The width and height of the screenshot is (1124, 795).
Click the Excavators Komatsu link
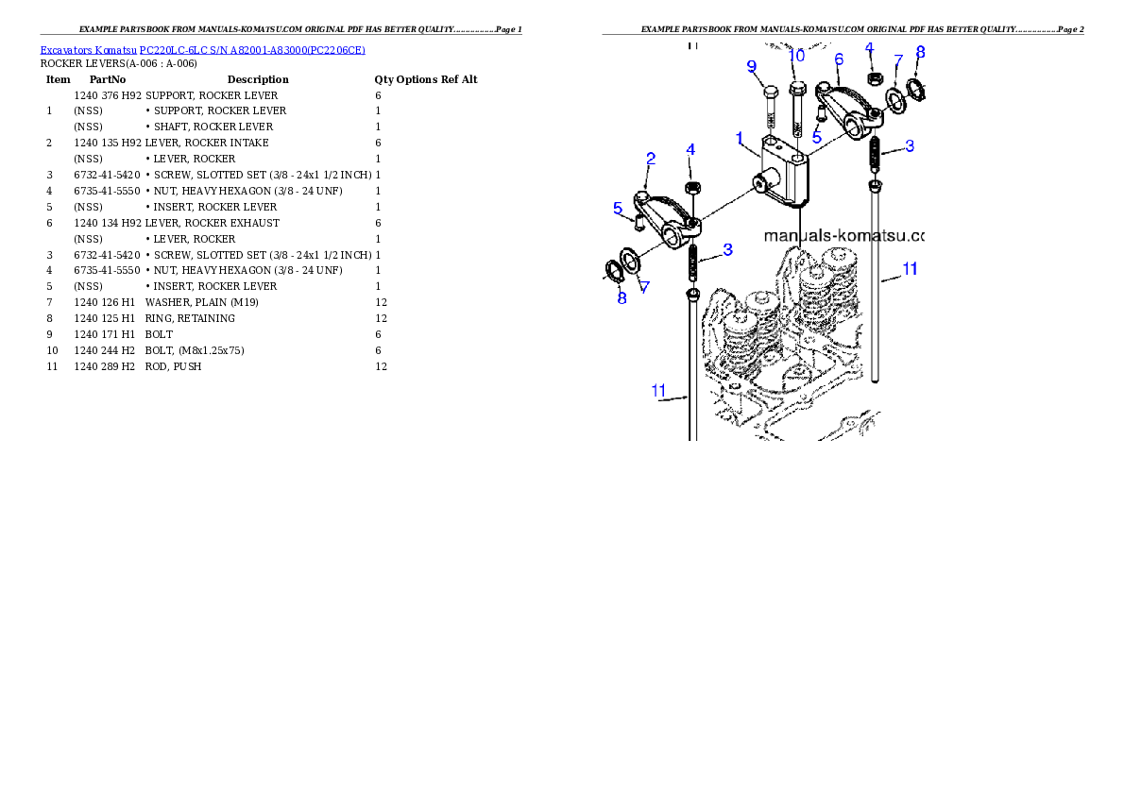click(88, 50)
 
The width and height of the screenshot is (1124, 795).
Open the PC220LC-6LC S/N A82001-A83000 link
click(252, 50)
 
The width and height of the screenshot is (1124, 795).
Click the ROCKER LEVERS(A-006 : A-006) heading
click(118, 64)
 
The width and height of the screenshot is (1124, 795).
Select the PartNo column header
click(108, 79)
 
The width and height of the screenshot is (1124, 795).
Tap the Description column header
click(258, 79)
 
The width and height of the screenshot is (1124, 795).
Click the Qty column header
click(383, 79)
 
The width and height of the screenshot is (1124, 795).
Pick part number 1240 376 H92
click(108, 95)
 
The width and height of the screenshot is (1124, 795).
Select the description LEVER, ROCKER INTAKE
click(207, 143)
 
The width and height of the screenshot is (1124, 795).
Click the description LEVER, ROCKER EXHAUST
click(213, 223)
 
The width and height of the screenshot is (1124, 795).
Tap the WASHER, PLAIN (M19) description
click(201, 302)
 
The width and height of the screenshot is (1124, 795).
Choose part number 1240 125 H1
click(104, 318)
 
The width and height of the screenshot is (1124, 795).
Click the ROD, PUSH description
click(173, 366)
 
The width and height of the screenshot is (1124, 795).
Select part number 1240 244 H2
click(104, 350)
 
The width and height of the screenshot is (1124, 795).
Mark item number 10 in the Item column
click(52, 350)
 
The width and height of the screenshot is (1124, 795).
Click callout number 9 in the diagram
click(751, 67)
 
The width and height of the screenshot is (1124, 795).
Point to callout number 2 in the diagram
click(650, 159)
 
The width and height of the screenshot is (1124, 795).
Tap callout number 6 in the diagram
click(839, 59)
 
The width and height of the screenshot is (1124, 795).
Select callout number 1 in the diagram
click(740, 139)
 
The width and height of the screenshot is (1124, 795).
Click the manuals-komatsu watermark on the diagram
click(843, 236)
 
